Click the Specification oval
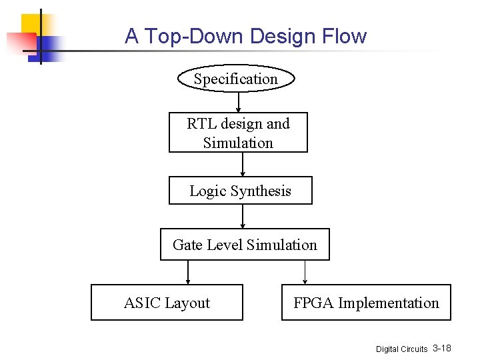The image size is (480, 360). (x=235, y=79)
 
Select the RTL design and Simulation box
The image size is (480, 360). (x=238, y=133)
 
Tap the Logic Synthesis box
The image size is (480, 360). (x=240, y=191)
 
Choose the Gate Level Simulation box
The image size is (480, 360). (x=245, y=245)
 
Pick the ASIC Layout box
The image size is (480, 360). (x=167, y=303)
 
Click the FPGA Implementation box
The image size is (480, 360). (x=366, y=303)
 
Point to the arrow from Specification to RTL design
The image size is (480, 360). (x=239, y=102)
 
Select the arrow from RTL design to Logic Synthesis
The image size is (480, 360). (x=242, y=164)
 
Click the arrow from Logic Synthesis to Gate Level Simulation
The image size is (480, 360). (x=243, y=217)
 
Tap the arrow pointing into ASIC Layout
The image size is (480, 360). (x=188, y=272)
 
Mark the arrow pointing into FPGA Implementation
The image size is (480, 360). (x=305, y=272)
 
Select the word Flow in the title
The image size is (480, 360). (x=344, y=36)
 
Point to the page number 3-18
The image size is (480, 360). (x=442, y=348)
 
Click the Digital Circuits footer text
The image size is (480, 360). (x=401, y=349)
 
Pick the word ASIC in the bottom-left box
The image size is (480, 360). (x=141, y=303)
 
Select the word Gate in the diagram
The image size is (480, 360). (x=187, y=245)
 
